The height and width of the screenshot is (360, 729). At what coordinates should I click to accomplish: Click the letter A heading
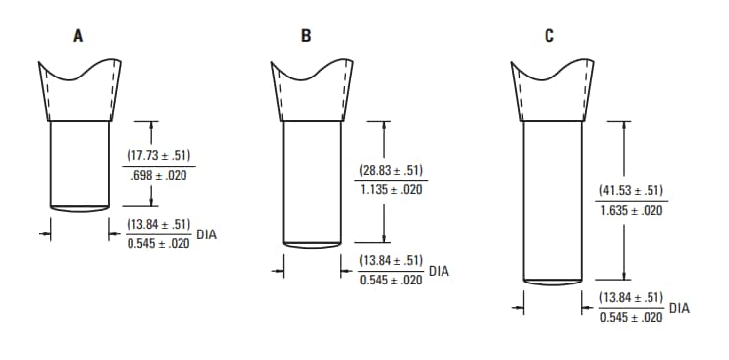point(78,36)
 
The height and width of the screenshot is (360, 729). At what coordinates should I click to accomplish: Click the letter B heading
point(307,36)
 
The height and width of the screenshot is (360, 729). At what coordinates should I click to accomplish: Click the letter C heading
point(549,36)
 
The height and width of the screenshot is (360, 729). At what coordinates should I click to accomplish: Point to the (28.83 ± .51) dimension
point(391,170)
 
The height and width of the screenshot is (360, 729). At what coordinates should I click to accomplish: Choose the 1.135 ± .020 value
point(391,189)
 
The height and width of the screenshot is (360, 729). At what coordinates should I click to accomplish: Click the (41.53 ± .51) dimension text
point(631,191)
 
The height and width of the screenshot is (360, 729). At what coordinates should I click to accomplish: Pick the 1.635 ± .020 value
point(631,211)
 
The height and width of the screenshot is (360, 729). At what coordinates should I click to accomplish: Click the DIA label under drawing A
point(207,234)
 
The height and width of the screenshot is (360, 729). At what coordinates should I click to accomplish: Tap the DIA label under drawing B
point(439,270)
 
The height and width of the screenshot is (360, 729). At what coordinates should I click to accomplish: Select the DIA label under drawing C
point(679,308)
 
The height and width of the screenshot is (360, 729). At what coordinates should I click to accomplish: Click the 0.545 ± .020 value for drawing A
point(159,244)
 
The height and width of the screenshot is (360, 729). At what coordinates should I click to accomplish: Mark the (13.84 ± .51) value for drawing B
point(391,260)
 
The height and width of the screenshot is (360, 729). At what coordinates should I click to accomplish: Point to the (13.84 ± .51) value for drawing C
point(632,297)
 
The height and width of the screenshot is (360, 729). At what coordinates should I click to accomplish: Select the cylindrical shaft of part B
point(311,181)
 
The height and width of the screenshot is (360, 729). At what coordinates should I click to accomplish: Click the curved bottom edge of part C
point(552,284)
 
